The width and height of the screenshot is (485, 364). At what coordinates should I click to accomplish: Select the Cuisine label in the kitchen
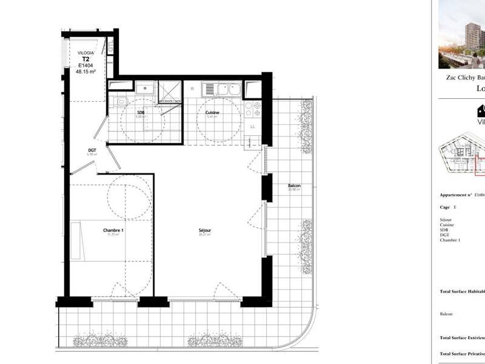[x=212, y=113]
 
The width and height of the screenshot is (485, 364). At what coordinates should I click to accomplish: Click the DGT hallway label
[x=92, y=150]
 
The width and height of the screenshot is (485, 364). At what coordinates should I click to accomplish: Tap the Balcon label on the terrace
[x=295, y=186]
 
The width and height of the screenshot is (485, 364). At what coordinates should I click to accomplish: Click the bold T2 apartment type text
[x=86, y=59]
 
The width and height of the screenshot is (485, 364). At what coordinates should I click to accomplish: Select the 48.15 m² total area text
[x=86, y=71]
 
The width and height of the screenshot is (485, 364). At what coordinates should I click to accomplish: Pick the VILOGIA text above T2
[x=86, y=53]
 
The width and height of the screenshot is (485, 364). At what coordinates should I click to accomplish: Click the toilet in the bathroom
[x=121, y=101]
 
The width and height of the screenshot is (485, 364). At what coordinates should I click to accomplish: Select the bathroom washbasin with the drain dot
[x=145, y=89]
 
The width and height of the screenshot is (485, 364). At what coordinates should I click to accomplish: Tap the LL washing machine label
[x=253, y=126]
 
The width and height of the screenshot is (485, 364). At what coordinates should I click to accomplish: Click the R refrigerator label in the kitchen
[x=192, y=89]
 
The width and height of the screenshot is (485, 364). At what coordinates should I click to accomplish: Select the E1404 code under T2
[x=86, y=65]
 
